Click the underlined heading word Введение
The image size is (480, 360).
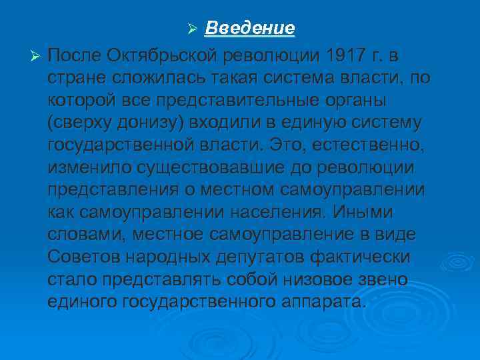tap(249, 29)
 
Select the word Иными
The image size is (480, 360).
tap(366, 213)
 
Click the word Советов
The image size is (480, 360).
tap(85, 258)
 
